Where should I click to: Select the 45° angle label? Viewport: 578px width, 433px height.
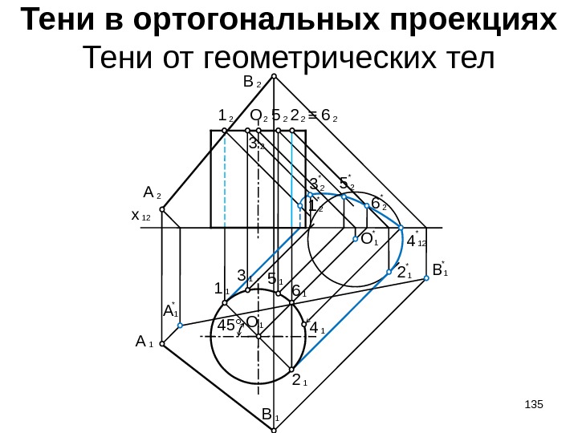pyautogui.click(x=230, y=326)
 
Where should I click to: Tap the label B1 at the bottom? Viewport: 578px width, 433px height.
pyautogui.click(x=270, y=415)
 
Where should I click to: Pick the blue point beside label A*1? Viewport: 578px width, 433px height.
pyautogui.click(x=181, y=326)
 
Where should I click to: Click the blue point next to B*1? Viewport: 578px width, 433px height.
pyautogui.click(x=426, y=283)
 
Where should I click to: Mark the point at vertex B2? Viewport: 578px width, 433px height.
pyautogui.click(x=274, y=77)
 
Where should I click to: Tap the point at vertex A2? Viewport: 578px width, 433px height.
pyautogui.click(x=162, y=210)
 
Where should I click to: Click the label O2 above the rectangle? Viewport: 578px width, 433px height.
pyautogui.click(x=258, y=117)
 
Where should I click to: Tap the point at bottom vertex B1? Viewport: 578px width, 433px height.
pyautogui.click(x=274, y=430)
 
